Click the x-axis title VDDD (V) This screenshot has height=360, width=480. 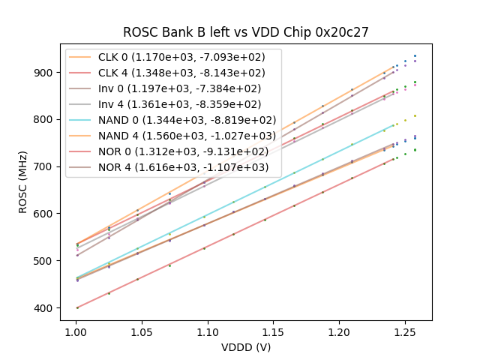pos(245,347)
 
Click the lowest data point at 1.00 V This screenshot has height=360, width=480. pos(76,307)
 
